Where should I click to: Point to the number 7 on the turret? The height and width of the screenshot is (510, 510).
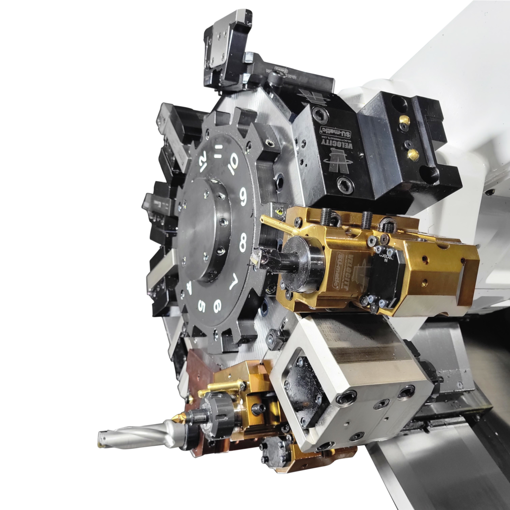pos(233,283)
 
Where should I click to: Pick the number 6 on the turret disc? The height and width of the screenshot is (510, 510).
pos(217,305)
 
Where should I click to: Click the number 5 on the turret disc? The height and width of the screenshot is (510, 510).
pos(201,305)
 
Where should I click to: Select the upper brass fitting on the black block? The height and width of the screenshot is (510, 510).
pos(405,120)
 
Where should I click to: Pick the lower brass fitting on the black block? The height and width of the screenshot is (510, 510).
pos(412,154)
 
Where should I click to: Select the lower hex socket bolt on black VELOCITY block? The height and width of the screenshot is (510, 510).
pos(345,185)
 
